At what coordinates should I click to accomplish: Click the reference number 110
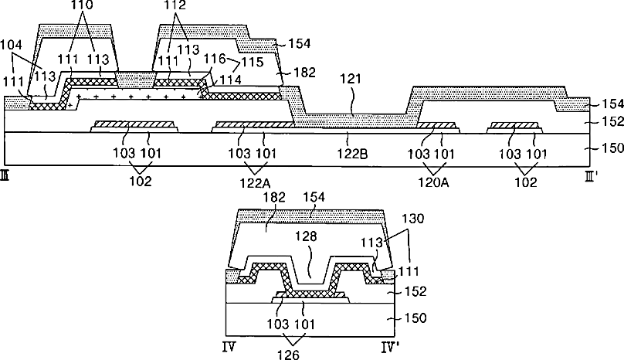(83, 5)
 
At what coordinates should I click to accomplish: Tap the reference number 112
(175, 5)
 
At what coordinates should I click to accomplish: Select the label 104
(11, 44)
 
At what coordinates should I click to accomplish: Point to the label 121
(351, 79)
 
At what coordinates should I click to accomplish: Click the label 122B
(352, 153)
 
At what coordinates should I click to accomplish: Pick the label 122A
(255, 183)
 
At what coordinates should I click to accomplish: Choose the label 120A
(433, 182)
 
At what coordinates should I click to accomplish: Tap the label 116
(215, 59)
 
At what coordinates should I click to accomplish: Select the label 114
(230, 80)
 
